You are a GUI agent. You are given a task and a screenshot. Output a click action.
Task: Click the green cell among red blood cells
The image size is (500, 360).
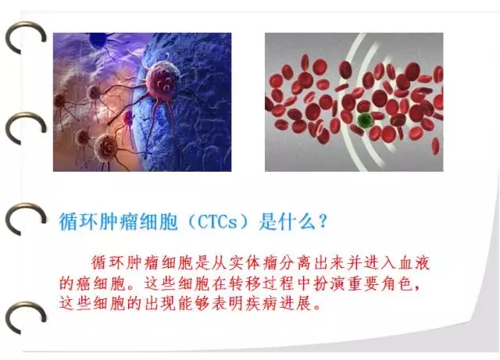point(363,120)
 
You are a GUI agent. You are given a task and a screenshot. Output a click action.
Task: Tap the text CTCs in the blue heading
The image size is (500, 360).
point(218,222)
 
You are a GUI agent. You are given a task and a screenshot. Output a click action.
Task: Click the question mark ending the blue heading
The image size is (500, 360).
point(323,221)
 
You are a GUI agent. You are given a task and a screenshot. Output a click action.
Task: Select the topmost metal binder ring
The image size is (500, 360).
point(26,37)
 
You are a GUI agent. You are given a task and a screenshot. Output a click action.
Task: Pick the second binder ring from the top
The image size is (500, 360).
point(26,128)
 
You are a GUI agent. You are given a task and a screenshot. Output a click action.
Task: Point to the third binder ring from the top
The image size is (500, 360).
point(26,219)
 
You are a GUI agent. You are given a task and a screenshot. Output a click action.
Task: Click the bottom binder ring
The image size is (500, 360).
point(26,318)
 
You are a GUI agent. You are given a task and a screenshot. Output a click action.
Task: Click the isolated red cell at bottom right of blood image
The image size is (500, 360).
point(435,146)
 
